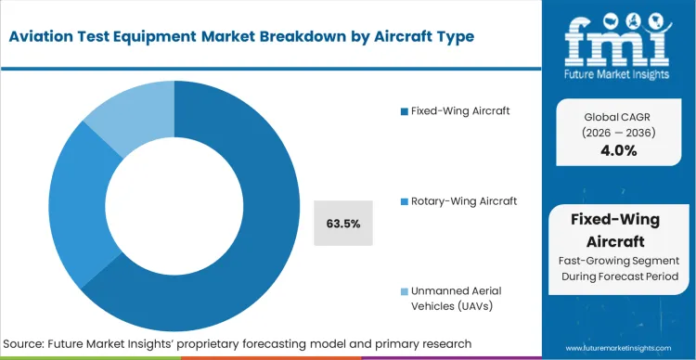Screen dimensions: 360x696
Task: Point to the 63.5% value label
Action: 343,224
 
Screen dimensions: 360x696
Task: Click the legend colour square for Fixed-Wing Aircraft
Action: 404,111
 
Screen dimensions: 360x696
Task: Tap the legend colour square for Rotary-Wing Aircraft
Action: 404,200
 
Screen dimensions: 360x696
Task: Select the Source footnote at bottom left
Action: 238,343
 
